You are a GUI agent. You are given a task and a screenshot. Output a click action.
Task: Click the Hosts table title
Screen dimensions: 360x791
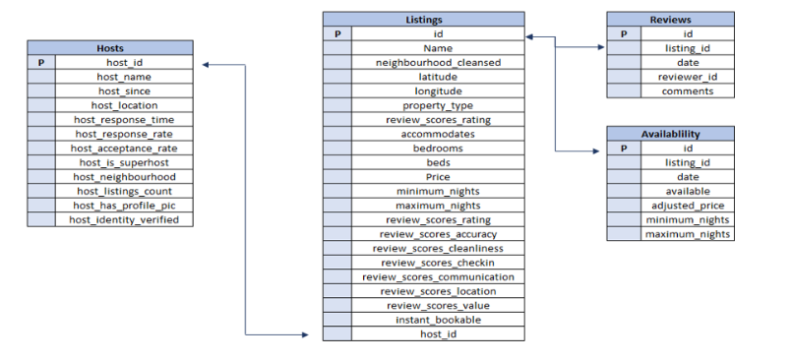tap(109, 47)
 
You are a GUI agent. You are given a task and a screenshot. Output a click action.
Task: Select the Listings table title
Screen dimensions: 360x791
tap(423, 19)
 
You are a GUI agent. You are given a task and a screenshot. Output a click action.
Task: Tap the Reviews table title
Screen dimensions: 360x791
tap(669, 19)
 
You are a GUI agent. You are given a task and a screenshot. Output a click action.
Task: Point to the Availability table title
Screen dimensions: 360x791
tap(669, 133)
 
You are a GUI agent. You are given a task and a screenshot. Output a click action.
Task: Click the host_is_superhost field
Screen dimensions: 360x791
tap(123, 162)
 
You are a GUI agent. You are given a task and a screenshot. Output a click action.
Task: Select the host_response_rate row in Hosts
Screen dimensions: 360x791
tap(123, 134)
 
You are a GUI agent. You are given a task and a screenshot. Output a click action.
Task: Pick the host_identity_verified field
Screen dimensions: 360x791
tap(123, 219)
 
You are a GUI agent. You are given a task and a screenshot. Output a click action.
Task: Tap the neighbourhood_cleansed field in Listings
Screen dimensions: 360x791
tap(438, 62)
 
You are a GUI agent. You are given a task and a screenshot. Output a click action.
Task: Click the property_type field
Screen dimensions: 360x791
tap(438, 105)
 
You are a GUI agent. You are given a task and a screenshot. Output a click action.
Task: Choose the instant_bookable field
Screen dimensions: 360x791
tap(438, 320)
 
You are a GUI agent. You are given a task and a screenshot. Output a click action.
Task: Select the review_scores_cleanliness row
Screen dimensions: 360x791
tap(438, 249)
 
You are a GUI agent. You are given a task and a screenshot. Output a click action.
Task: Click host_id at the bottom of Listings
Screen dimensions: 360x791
tap(438, 334)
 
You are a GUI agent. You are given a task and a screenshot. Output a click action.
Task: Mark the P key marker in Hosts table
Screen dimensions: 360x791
tap(40, 62)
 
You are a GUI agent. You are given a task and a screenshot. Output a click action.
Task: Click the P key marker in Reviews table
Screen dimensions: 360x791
tap(625, 33)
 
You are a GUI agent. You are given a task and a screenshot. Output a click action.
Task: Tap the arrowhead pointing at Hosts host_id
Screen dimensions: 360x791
tap(208, 63)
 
